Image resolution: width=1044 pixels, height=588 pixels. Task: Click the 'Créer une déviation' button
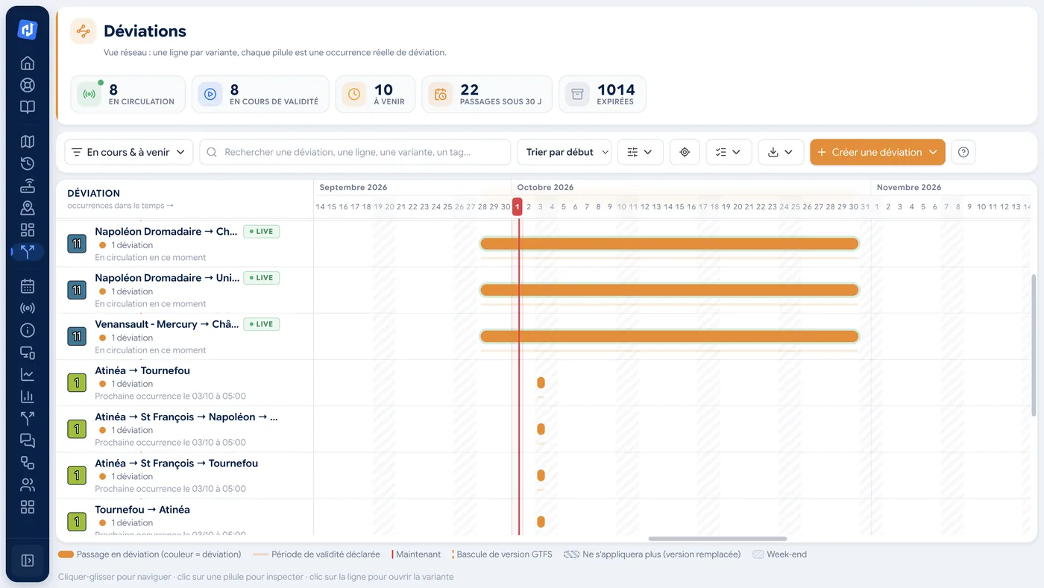click(x=877, y=152)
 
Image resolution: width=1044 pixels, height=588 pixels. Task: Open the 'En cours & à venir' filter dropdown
click(x=128, y=152)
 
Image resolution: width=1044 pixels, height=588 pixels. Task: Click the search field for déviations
click(x=355, y=152)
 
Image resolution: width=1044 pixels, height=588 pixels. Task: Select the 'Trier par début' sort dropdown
click(x=564, y=152)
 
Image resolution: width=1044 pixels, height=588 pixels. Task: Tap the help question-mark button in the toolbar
click(x=963, y=152)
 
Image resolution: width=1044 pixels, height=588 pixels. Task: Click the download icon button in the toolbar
click(x=781, y=152)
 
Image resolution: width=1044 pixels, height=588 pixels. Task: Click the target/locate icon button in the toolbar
click(x=685, y=152)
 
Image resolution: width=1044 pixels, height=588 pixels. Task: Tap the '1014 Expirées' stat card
click(x=603, y=94)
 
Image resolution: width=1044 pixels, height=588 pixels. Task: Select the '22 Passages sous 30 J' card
click(x=486, y=94)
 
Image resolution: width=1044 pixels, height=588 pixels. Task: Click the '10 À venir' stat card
click(x=375, y=94)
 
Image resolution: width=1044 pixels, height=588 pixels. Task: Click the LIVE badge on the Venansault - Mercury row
click(x=262, y=324)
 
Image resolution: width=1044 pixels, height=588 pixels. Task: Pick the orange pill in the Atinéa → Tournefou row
click(x=541, y=382)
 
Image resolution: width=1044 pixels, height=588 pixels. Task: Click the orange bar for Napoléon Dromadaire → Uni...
click(x=670, y=290)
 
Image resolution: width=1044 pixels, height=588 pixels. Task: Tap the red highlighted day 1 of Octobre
click(x=517, y=206)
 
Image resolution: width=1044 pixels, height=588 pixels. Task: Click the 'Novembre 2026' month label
click(x=908, y=187)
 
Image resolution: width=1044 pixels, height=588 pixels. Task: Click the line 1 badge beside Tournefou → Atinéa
click(x=77, y=522)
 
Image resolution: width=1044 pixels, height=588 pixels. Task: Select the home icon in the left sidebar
click(x=28, y=63)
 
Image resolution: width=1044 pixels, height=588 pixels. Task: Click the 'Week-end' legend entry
click(x=780, y=554)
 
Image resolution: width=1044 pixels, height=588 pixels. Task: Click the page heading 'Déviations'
click(x=145, y=31)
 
